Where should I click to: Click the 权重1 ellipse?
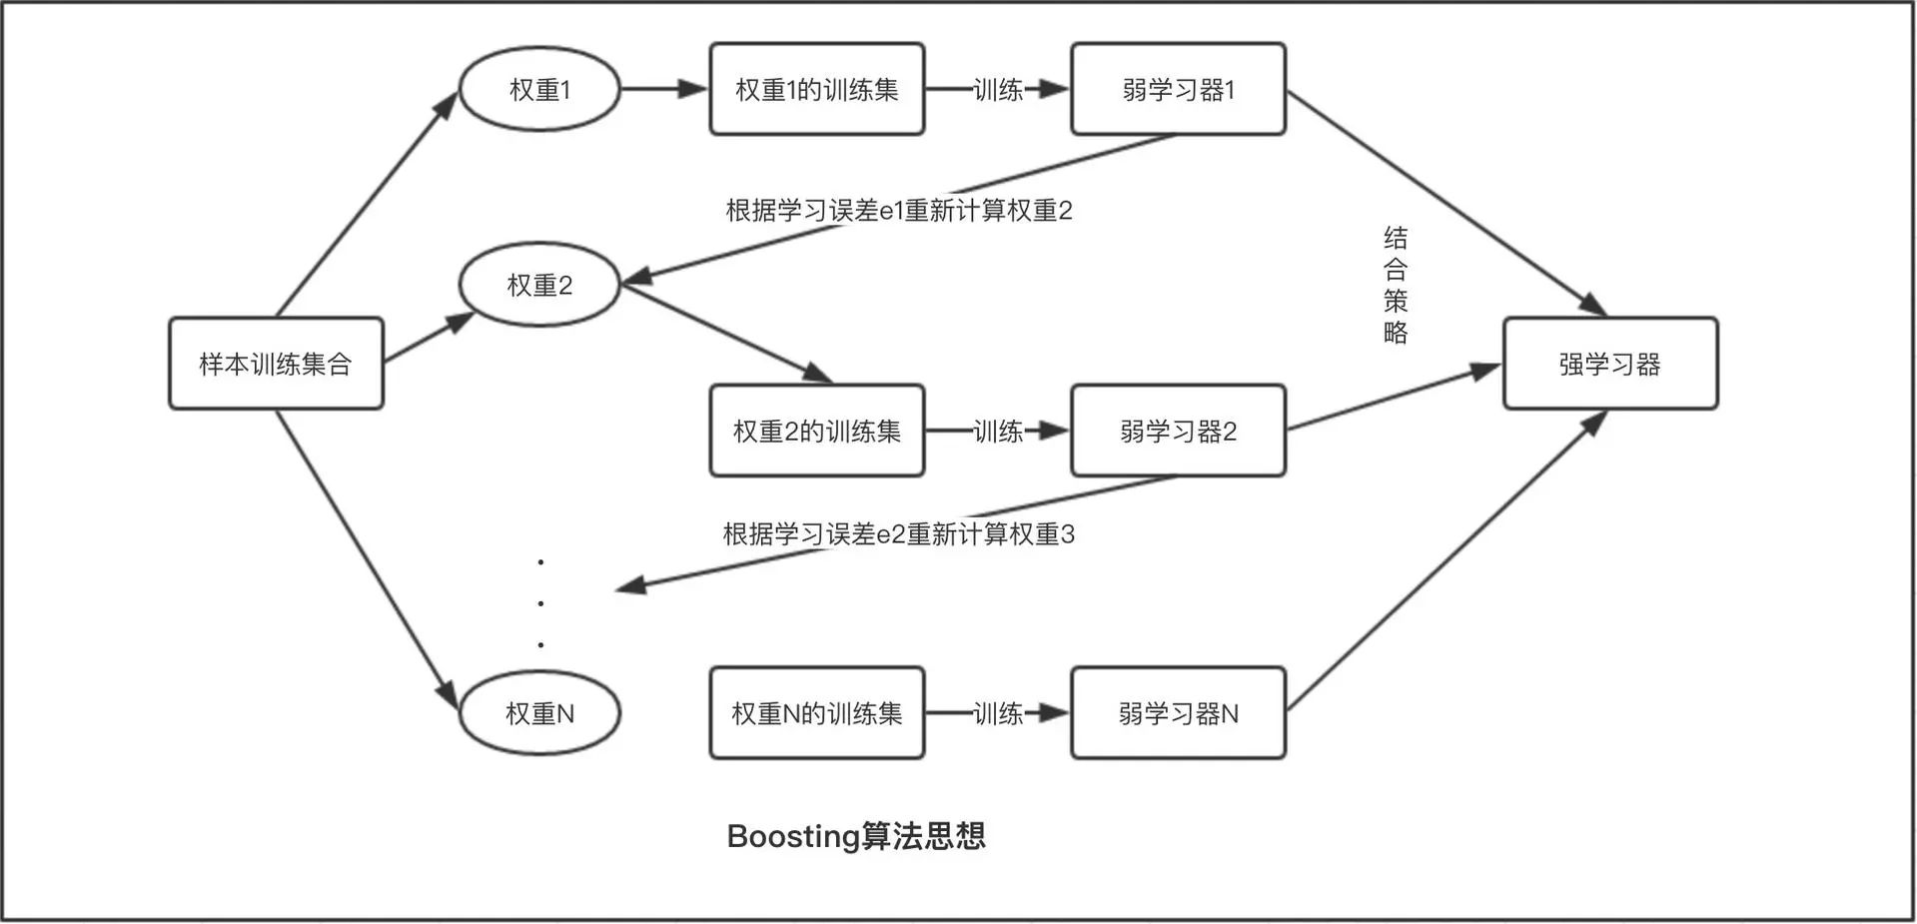click(x=539, y=89)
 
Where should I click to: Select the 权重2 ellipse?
click(x=539, y=285)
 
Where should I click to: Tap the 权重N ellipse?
click(x=539, y=712)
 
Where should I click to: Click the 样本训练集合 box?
click(x=276, y=364)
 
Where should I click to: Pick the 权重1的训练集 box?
click(x=816, y=89)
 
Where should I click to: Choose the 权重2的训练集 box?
click(x=816, y=431)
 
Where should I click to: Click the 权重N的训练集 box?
click(x=816, y=712)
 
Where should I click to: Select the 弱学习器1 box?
click(x=1178, y=89)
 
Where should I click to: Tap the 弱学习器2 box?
click(x=1178, y=431)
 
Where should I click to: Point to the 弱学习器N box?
click(x=1178, y=712)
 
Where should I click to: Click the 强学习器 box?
click(x=1609, y=364)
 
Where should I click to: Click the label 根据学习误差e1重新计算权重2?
click(x=898, y=211)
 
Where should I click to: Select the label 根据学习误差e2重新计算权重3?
click(x=898, y=534)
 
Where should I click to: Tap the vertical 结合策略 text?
click(x=1396, y=285)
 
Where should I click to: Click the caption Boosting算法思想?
click(x=856, y=835)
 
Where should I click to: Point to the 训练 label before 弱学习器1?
click(x=998, y=90)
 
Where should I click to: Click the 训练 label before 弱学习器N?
click(x=998, y=713)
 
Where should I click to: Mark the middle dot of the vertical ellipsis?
click(x=540, y=603)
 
